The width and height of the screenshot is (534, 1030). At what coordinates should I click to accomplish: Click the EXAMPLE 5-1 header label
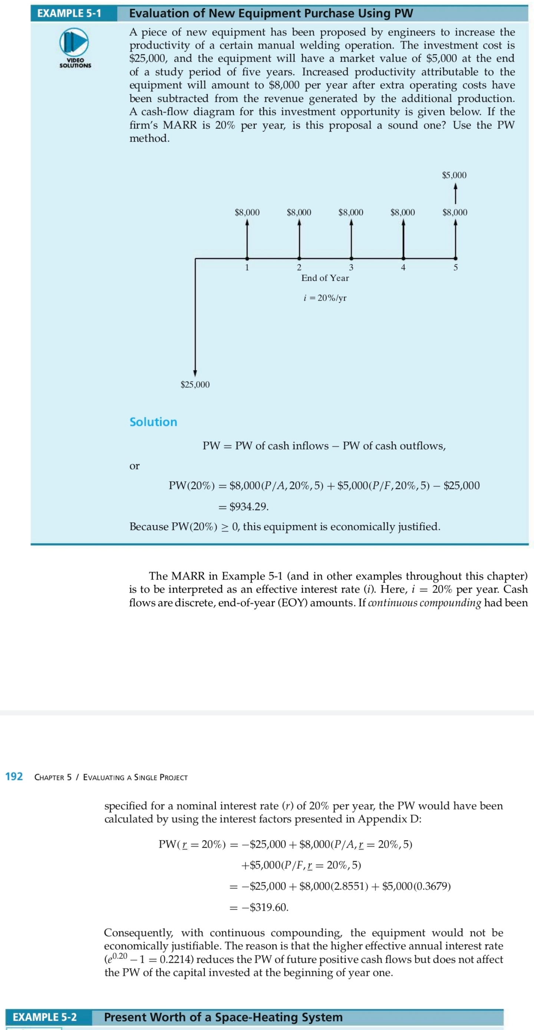click(69, 13)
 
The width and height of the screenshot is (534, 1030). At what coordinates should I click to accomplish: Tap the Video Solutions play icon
click(74, 42)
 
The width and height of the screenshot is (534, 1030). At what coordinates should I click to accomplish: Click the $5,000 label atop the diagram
click(454, 175)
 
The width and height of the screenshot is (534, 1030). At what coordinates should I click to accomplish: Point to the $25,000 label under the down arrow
click(195, 384)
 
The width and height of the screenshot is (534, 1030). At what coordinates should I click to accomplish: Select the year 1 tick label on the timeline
click(247, 267)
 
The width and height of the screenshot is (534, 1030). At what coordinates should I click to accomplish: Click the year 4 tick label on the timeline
click(403, 267)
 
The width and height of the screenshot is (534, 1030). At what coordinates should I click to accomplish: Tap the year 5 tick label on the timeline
click(455, 267)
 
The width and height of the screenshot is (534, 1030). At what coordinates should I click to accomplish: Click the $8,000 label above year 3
click(351, 212)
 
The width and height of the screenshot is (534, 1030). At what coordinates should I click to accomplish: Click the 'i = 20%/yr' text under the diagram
click(325, 298)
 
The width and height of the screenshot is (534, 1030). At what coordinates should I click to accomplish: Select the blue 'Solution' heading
click(153, 422)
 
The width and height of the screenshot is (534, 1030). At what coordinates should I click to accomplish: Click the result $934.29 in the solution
click(248, 507)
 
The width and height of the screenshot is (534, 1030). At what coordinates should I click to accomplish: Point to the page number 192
click(14, 776)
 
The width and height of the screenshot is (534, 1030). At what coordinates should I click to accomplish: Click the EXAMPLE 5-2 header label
click(45, 1017)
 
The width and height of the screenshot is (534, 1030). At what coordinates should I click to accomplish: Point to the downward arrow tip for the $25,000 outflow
click(195, 373)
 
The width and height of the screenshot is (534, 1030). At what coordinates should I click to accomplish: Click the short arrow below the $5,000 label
click(455, 193)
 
